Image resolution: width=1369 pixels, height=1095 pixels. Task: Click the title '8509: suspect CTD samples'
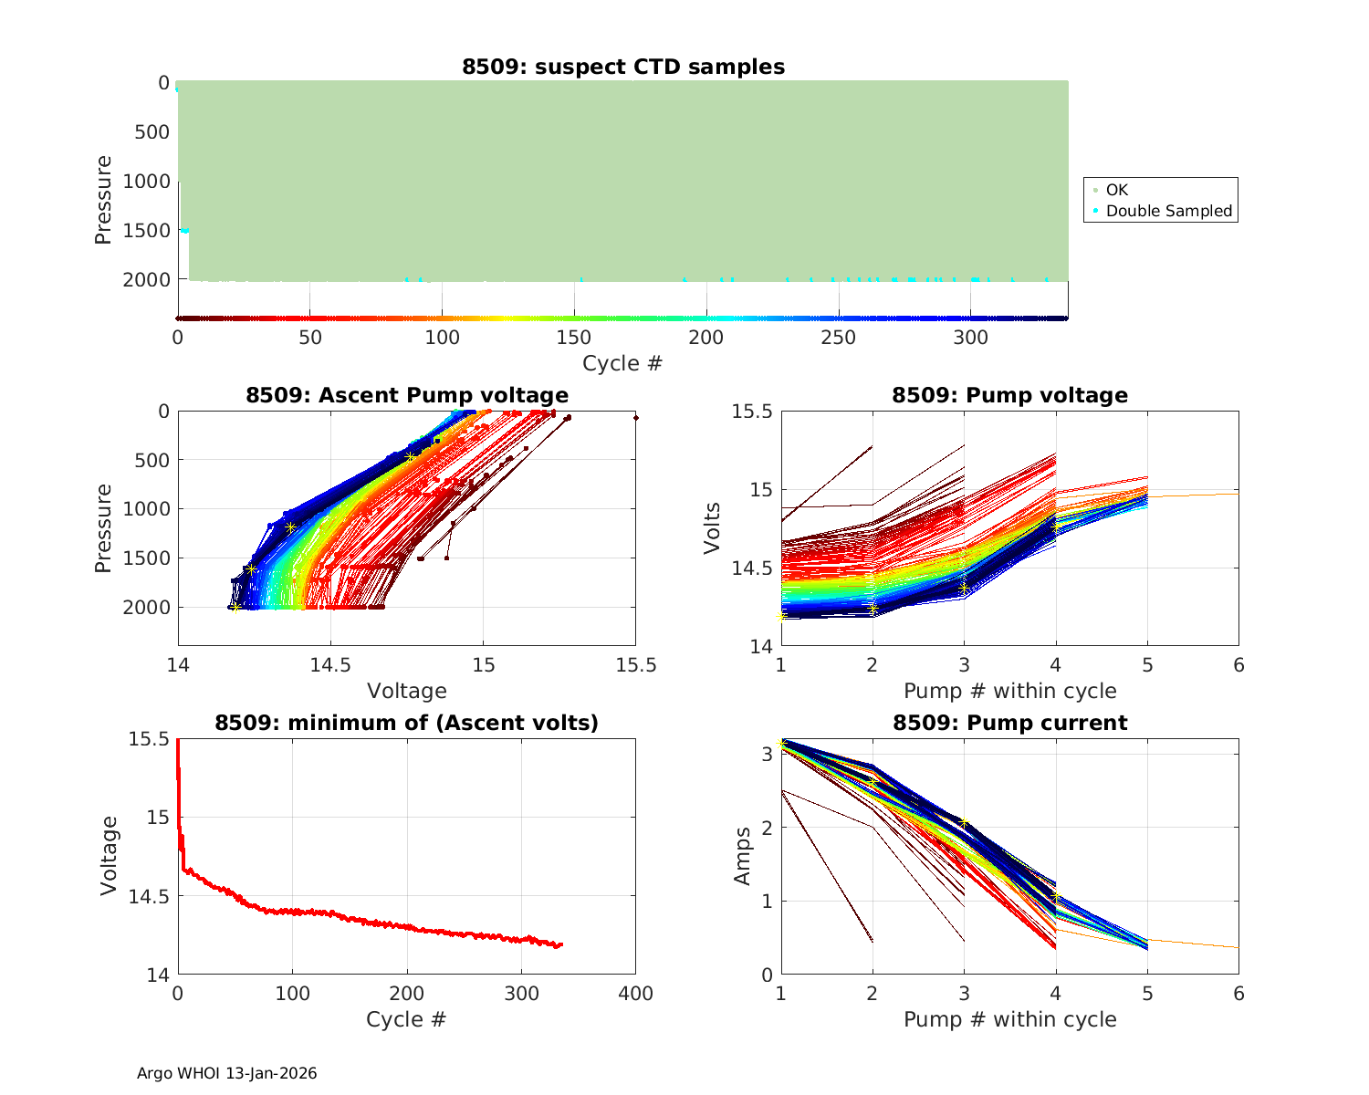point(623,67)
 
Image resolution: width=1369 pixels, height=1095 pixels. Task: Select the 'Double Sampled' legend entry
point(1168,211)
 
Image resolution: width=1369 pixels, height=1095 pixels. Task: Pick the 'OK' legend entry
point(1116,190)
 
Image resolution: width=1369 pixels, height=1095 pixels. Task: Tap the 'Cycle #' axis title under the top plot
point(622,363)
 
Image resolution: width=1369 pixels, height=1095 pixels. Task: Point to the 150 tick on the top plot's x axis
point(574,338)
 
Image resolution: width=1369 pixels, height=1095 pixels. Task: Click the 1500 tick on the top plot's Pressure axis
point(146,231)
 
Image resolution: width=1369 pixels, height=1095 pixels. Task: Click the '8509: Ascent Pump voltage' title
point(407,395)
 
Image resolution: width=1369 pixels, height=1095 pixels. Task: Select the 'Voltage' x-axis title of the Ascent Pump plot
point(407,691)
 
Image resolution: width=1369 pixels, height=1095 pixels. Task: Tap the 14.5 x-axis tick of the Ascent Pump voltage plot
point(330,665)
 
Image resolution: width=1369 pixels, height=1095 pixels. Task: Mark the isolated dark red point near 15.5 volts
point(635,418)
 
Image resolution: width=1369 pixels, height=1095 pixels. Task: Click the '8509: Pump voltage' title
point(1009,395)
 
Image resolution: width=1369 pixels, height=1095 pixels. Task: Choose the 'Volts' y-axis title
point(713,528)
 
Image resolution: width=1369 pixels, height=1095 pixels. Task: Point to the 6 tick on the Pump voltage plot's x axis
point(1238,665)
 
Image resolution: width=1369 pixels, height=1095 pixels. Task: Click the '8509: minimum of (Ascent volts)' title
point(407,723)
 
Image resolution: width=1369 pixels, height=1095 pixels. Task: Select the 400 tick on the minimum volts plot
point(635,994)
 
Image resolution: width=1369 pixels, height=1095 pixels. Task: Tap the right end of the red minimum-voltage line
point(561,944)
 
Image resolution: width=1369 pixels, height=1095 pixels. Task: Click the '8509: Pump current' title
point(1009,723)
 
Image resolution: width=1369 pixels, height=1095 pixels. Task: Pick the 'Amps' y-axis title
point(743,856)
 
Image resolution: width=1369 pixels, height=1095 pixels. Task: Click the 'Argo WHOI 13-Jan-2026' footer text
point(226,1073)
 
